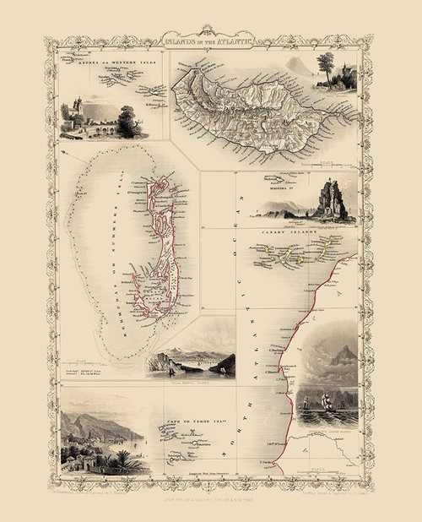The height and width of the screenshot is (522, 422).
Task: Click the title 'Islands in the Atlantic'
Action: click(x=211, y=40)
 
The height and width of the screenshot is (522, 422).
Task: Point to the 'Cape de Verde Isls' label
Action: click(x=179, y=425)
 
